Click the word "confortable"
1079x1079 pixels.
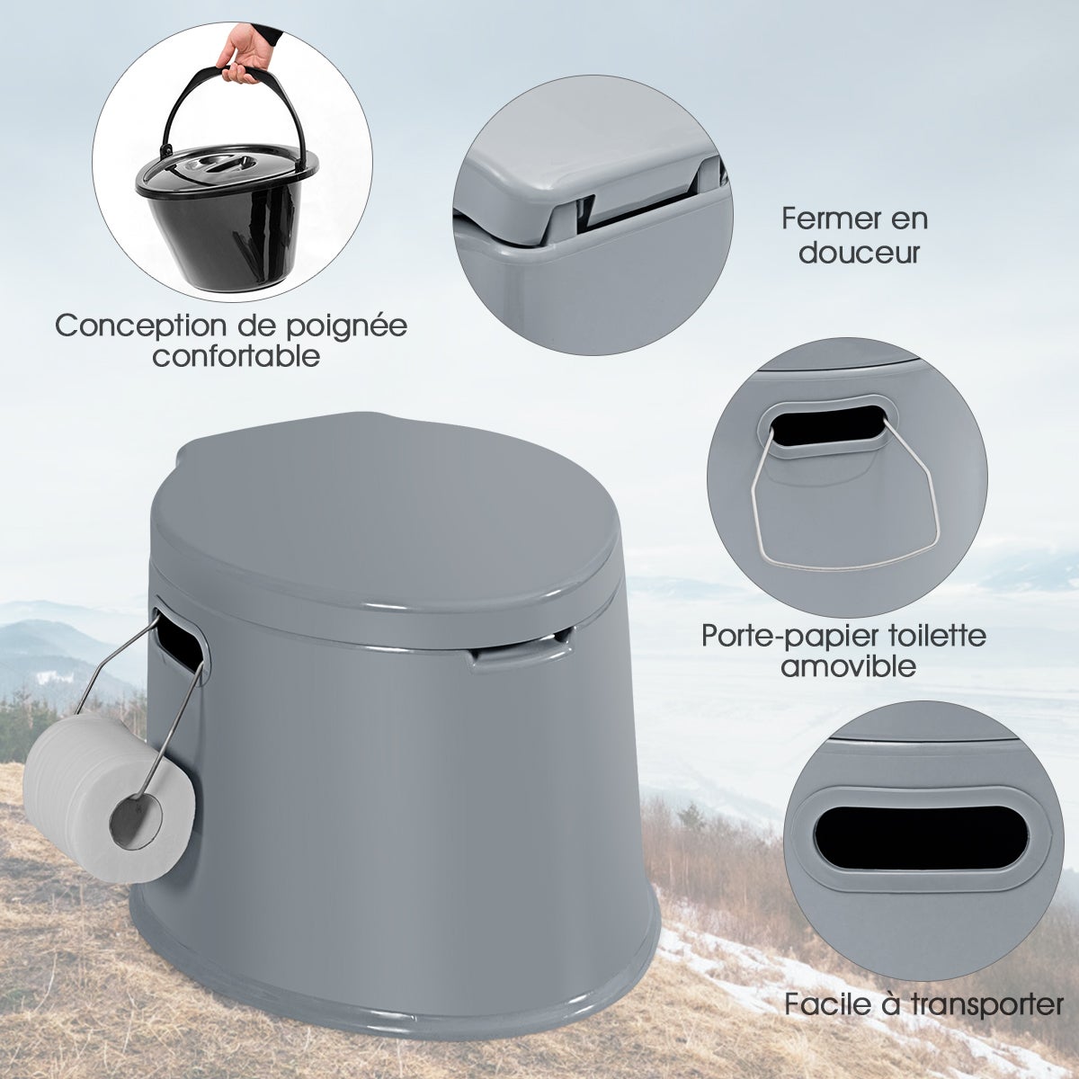pos(236,357)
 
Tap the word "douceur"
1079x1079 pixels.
pos(859,252)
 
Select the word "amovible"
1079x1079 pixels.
pos(848,666)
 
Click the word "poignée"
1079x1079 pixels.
pos(352,325)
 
